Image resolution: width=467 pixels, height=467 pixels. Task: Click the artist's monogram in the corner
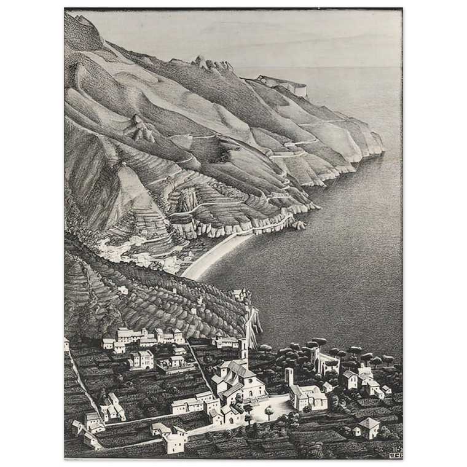click(x=395, y=452)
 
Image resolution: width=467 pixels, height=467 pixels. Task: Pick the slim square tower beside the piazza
click(x=289, y=376)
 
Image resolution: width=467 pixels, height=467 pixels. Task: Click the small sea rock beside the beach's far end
click(x=299, y=226)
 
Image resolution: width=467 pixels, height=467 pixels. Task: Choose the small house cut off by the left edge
click(x=66, y=344)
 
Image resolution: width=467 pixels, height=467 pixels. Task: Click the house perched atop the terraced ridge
click(x=238, y=294)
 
